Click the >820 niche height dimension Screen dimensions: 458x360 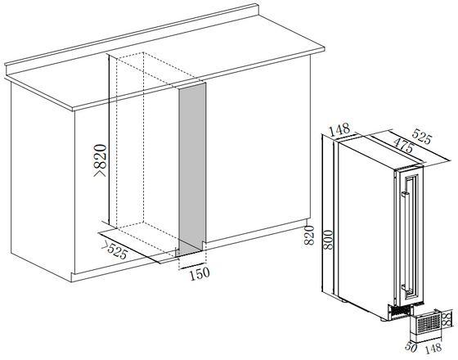click(x=100, y=160)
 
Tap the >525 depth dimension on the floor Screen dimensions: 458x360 click(x=114, y=250)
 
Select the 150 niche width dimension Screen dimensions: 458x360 click(x=200, y=273)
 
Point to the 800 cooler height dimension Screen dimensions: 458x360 click(x=328, y=240)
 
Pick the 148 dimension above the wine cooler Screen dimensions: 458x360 click(x=339, y=129)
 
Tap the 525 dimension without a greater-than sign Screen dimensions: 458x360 click(x=421, y=137)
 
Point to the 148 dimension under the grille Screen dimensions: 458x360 click(x=433, y=348)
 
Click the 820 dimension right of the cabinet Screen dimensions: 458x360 click(x=309, y=236)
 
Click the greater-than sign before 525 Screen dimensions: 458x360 click(x=106, y=245)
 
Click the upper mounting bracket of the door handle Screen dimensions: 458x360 click(x=405, y=194)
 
